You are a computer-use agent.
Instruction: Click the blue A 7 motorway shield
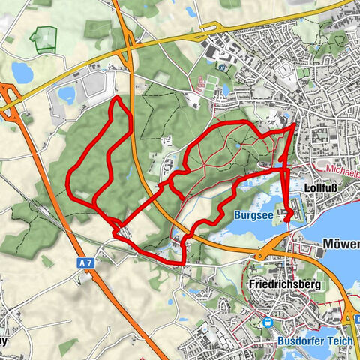[x=87, y=263]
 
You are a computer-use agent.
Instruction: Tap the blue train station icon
[x=268, y=322]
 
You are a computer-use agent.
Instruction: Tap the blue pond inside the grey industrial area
[x=67, y=94]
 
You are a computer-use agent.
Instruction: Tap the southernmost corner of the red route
[x=183, y=264]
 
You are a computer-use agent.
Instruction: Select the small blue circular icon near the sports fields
[x=223, y=67]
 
